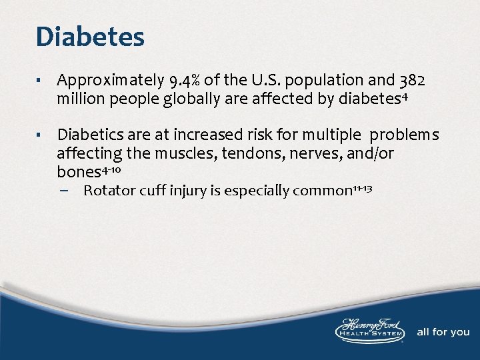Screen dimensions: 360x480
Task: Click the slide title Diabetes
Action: [90, 37]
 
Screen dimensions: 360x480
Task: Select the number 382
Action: [411, 81]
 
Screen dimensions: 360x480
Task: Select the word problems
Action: [404, 135]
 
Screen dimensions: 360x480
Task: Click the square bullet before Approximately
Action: [41, 82]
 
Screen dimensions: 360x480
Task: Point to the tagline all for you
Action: [443, 332]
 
